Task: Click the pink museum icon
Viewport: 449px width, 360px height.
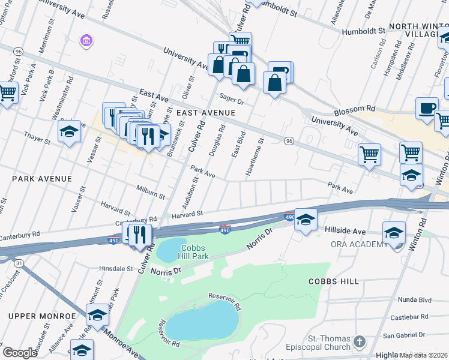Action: pos(86,40)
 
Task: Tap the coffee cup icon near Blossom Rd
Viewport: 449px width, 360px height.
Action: pos(427,108)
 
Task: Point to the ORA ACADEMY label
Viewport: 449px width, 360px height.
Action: pos(360,244)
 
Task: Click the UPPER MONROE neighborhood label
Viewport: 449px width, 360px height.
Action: pos(42,316)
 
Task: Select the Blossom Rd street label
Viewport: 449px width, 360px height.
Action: pos(355,109)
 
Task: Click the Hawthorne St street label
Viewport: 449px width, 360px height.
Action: pos(254,158)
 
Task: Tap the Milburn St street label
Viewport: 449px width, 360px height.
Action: pos(150,191)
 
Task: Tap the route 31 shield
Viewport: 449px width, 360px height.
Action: pos(20,263)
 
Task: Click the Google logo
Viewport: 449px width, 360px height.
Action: pos(20,353)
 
